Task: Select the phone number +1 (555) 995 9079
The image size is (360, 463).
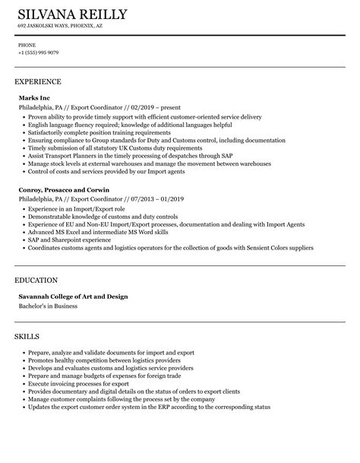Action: [x=38, y=52]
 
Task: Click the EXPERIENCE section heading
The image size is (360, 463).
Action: [x=37, y=81]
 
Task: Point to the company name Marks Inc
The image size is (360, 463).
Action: [x=33, y=97]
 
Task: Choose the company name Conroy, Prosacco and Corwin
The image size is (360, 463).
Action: [x=64, y=189]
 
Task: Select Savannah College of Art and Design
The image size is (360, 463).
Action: [x=73, y=296]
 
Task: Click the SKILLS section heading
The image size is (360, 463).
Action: [x=27, y=336]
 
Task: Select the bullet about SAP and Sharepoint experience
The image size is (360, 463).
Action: [x=69, y=239]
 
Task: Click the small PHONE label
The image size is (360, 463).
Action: [x=27, y=45]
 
